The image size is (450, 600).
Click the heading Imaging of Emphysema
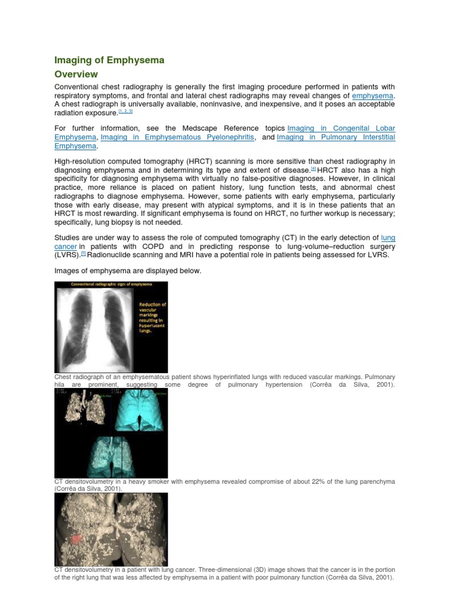pos(109,60)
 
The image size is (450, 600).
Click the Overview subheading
pos(76,74)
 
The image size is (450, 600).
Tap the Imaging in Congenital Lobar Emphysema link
pos(340,128)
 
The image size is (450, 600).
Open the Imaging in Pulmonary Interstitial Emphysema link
pos(336,137)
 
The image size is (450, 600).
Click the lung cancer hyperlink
pos(387,238)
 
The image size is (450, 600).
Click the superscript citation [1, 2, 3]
pos(126,111)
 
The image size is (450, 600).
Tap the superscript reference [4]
pos(313,168)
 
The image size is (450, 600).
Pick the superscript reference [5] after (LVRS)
pos(83,254)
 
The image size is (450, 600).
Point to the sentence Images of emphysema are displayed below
pos(128,271)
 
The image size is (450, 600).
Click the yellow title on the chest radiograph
pos(111,285)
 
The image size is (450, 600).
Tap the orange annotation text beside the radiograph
pos(152,317)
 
